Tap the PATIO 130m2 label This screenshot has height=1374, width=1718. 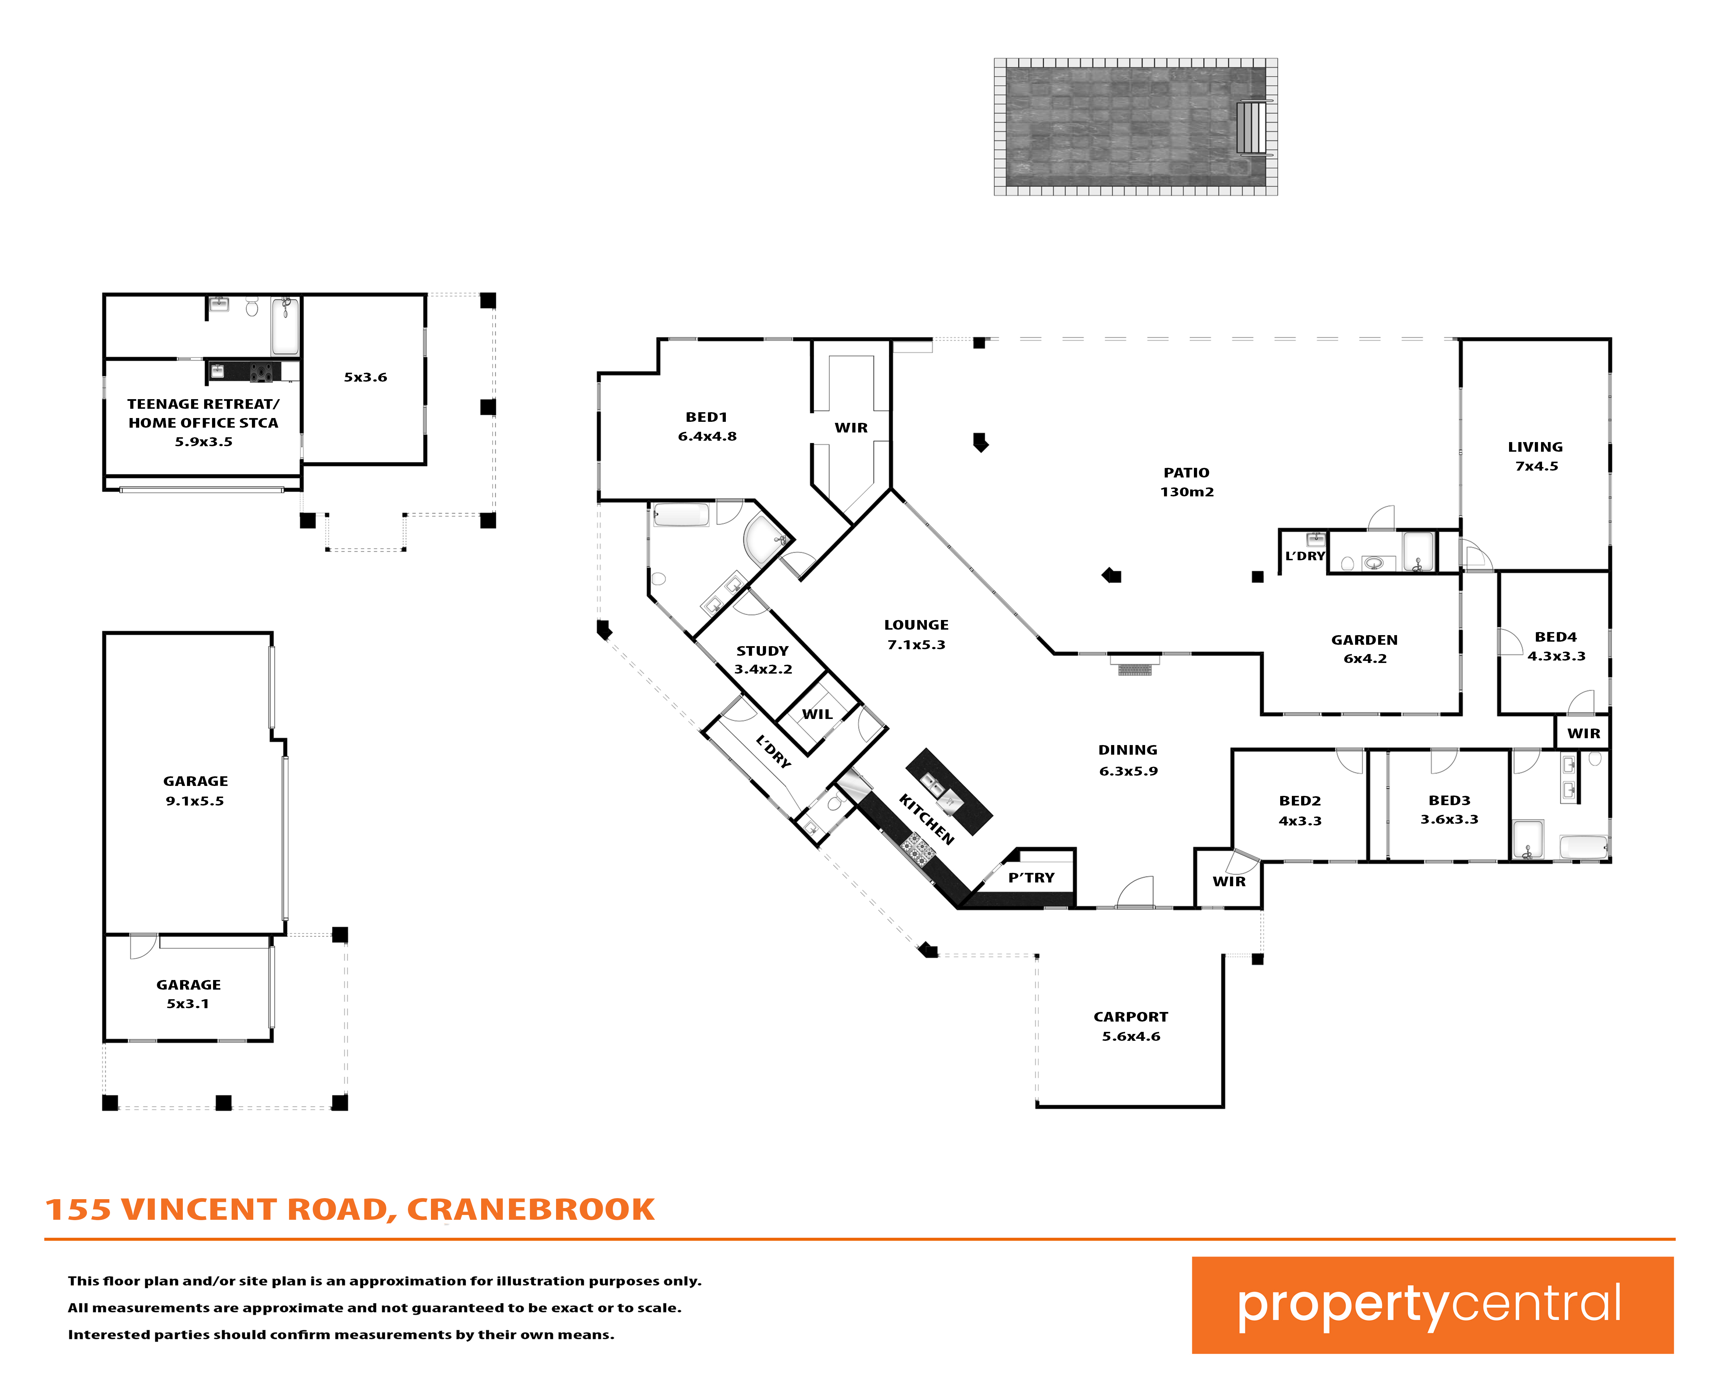point(1186,482)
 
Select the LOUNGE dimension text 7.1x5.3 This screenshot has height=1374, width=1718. point(916,644)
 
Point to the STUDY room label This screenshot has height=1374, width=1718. point(762,651)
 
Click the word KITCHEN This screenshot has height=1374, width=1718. point(926,819)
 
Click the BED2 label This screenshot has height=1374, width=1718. point(1300,800)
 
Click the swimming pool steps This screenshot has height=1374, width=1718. point(1251,127)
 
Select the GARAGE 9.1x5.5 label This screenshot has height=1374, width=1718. point(195,791)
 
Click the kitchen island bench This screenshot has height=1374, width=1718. point(949,791)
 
